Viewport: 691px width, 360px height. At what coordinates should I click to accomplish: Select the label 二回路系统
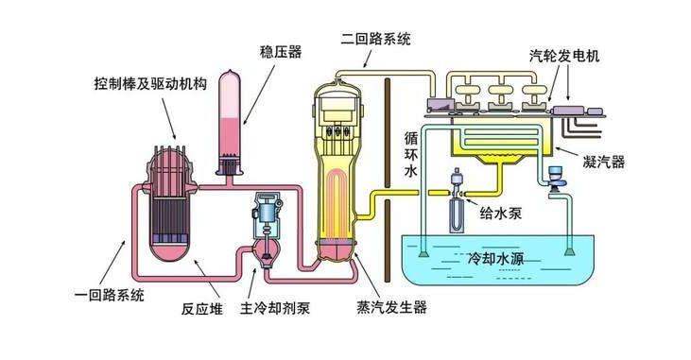tap(377, 39)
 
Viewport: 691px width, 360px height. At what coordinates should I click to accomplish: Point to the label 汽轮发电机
tap(564, 56)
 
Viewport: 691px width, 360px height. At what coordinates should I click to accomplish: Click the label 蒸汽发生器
tap(392, 307)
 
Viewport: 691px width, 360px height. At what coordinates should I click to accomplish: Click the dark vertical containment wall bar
tap(388, 180)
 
